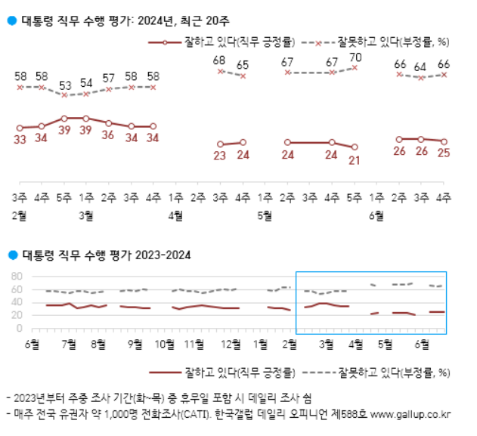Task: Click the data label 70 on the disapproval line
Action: click(x=355, y=57)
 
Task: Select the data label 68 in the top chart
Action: click(x=220, y=60)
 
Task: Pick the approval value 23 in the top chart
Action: click(x=220, y=156)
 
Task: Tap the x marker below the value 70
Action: click(x=355, y=68)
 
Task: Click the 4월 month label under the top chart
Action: click(x=175, y=215)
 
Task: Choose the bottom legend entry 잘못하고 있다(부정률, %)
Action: click(x=394, y=372)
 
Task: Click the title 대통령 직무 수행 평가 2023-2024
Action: click(x=106, y=254)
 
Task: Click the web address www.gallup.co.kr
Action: click(x=411, y=414)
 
